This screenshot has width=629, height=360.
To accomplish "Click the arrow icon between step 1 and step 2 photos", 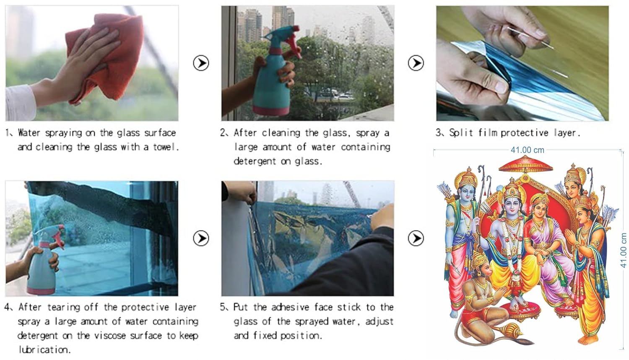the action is (201, 63).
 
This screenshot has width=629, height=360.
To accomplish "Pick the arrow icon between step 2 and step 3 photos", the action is (416, 63).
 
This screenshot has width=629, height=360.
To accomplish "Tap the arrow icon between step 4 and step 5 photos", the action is (201, 238).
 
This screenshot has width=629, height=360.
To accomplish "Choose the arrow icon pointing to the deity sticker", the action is (416, 238).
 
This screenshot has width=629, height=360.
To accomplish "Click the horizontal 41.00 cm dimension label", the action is (528, 150).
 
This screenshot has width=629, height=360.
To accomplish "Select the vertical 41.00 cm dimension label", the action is (623, 250).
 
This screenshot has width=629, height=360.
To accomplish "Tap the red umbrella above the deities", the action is (526, 164).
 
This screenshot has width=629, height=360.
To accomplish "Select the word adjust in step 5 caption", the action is (379, 321).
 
